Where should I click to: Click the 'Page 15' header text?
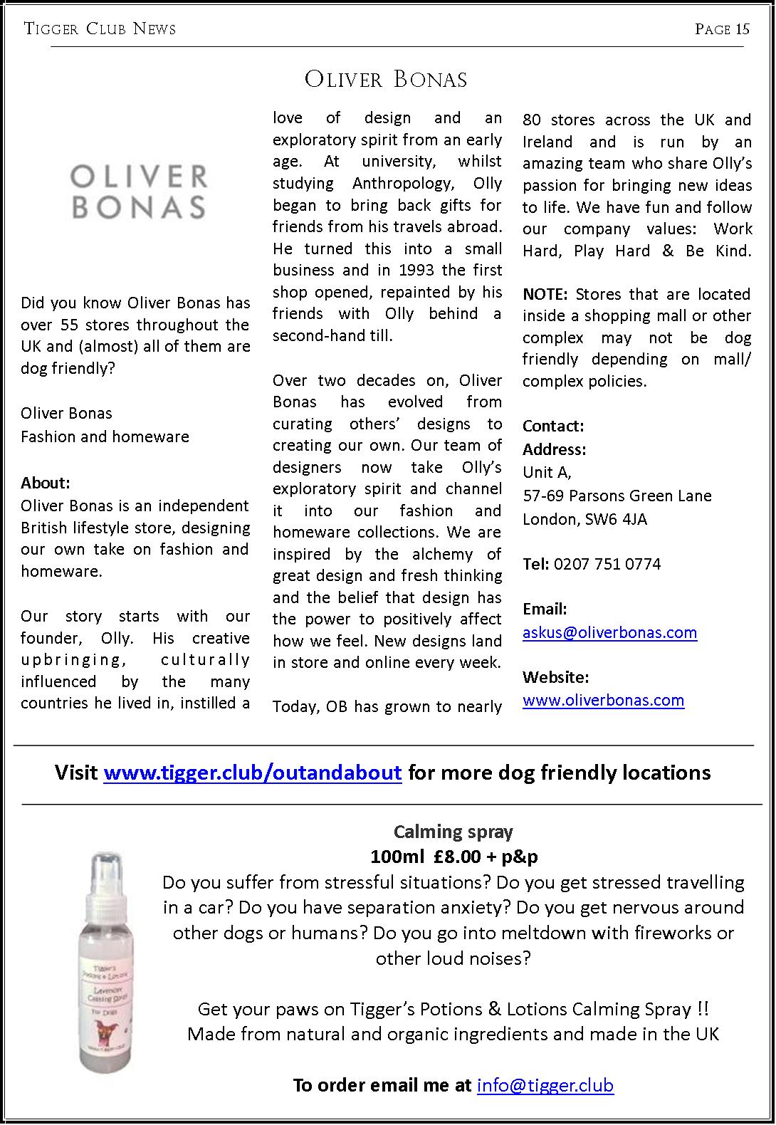pyautogui.click(x=722, y=29)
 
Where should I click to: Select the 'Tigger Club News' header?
pyautogui.click(x=100, y=29)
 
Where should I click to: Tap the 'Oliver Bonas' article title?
pyautogui.click(x=386, y=79)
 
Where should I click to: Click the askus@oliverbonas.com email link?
pyautogui.click(x=609, y=632)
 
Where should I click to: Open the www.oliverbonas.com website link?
pyautogui.click(x=603, y=700)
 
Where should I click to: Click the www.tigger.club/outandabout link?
pyautogui.click(x=253, y=773)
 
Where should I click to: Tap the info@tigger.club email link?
pyautogui.click(x=545, y=1085)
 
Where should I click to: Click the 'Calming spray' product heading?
pyautogui.click(x=453, y=832)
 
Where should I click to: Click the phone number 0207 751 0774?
pyautogui.click(x=607, y=564)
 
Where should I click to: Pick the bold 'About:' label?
pyautogui.click(x=46, y=483)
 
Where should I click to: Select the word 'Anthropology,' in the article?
pyautogui.click(x=404, y=183)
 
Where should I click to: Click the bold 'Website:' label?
pyautogui.click(x=555, y=676)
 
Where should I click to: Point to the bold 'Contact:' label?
pyautogui.click(x=553, y=426)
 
